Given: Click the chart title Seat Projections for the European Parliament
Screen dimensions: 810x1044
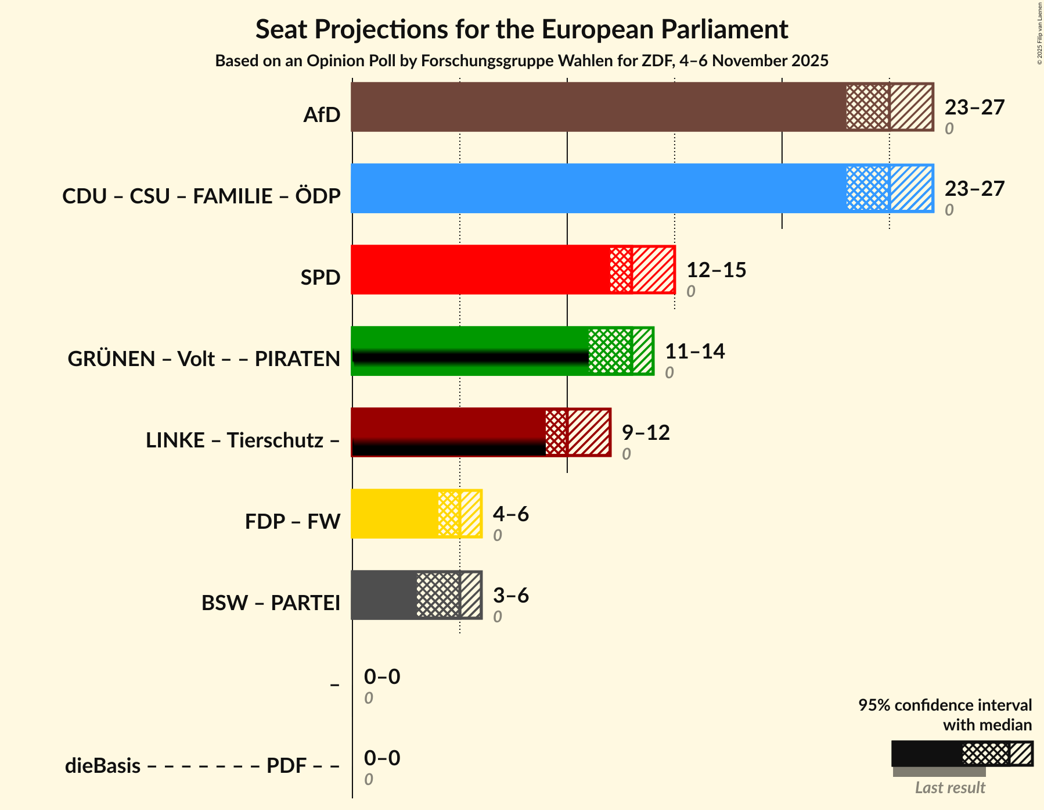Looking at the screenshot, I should [x=521, y=29].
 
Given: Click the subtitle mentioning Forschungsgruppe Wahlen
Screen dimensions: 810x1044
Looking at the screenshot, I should [x=521, y=61].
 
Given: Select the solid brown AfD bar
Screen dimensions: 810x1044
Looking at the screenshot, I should [x=598, y=107].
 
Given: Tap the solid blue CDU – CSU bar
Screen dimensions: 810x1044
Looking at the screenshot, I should [x=598, y=188].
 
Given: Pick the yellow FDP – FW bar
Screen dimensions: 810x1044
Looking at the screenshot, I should [x=394, y=514].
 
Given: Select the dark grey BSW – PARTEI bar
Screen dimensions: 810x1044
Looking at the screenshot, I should [x=384, y=595].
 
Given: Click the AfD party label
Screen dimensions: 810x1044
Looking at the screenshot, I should [x=322, y=115].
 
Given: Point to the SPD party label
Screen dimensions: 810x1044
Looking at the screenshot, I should [x=320, y=278].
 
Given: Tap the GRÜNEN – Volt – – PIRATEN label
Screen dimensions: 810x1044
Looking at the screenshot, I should [x=204, y=359].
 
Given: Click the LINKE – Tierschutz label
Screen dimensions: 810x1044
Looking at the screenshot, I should [x=243, y=440].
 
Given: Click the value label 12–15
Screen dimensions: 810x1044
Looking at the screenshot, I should [x=716, y=270].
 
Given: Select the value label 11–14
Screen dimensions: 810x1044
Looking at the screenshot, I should [x=694, y=352].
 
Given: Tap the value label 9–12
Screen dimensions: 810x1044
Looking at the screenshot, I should [x=646, y=433].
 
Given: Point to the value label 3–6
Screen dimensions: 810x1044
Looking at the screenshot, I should [x=511, y=596].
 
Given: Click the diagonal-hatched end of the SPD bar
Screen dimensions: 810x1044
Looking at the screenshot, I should [x=653, y=270].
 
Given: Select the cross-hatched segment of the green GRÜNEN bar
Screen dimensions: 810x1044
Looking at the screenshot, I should [x=610, y=351].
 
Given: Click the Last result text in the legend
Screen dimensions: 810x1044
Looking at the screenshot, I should [x=950, y=788].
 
